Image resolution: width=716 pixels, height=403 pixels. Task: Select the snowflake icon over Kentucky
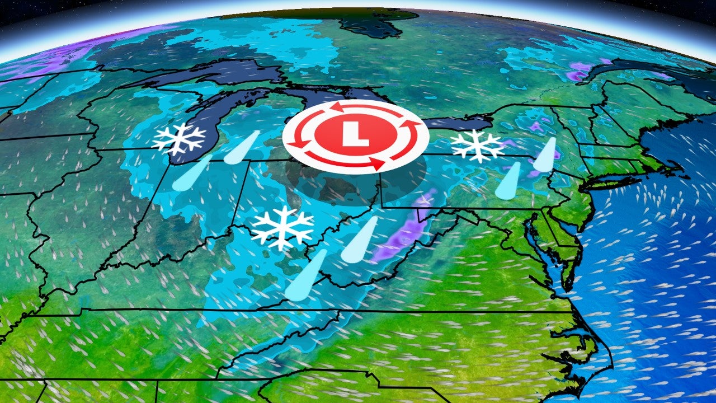[282, 227]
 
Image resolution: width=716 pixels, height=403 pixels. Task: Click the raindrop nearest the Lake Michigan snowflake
[242, 148]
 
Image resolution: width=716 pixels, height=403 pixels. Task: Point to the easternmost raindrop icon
[545, 154]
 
